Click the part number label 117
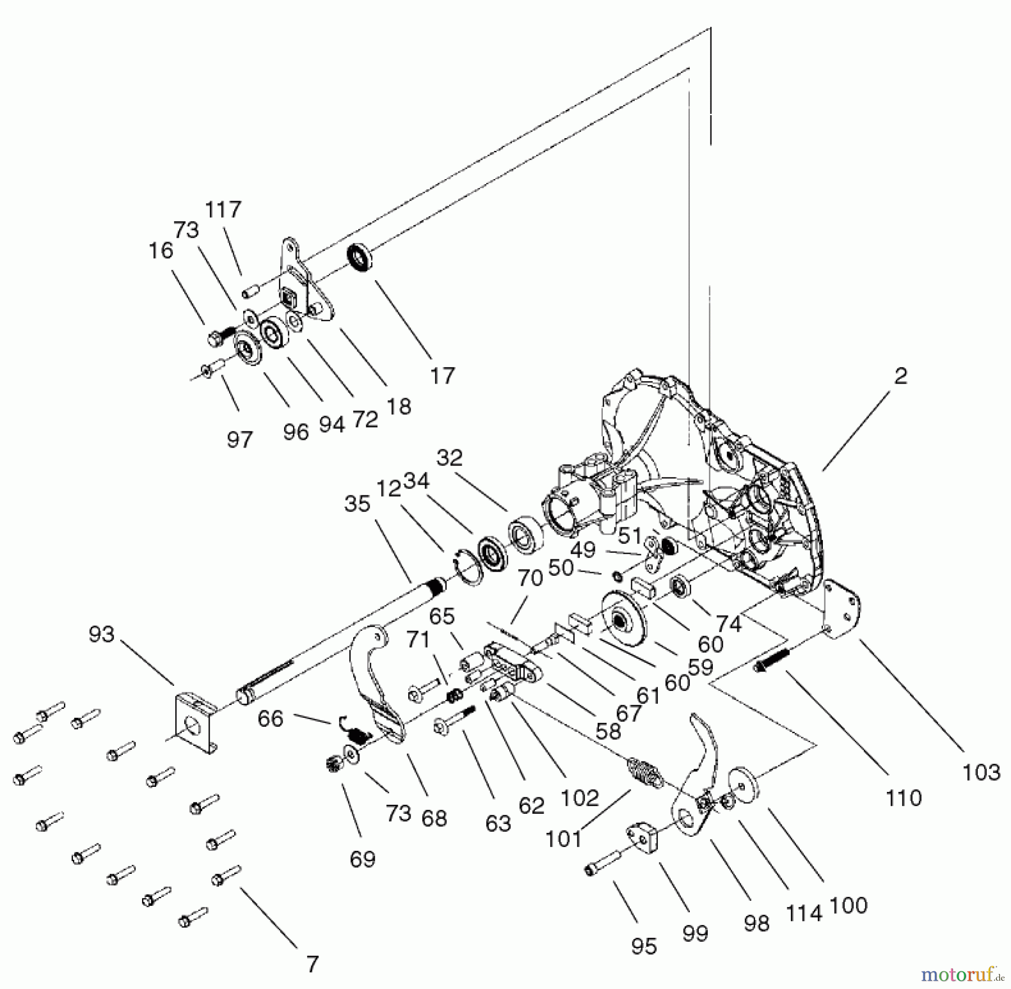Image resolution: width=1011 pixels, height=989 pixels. [223, 209]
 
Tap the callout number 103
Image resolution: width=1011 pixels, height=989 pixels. [981, 772]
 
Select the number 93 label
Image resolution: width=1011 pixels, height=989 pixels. [101, 635]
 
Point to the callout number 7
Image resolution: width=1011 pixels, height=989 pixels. [313, 964]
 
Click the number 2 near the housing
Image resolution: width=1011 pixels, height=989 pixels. [900, 376]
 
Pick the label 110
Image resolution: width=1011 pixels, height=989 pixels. [903, 797]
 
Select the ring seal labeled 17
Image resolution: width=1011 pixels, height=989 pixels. [359, 258]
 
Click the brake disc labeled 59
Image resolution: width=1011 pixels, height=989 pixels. [623, 621]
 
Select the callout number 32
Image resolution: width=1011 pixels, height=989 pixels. [449, 458]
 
